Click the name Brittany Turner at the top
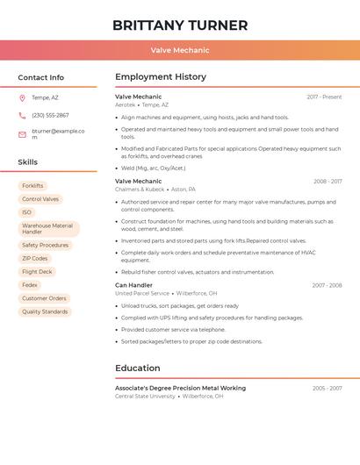coord(180,25)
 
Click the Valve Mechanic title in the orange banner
coord(180,51)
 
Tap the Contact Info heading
coord(40,77)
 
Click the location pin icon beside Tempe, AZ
coord(22,97)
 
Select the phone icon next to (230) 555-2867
coord(22,115)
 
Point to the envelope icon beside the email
coord(22,134)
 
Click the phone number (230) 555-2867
coord(50,115)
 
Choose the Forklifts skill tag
coord(32,186)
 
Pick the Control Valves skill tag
coord(40,199)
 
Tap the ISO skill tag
coord(26,212)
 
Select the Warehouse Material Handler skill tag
coord(48,229)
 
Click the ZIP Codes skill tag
coord(35,259)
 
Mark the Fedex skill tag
coord(30,285)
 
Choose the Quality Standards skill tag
coord(45,311)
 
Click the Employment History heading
coord(161,77)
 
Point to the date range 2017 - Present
coord(324,97)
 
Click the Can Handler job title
coord(133,285)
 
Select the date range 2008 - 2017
coord(328,182)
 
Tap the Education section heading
coord(138,368)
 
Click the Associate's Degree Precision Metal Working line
coord(180,388)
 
